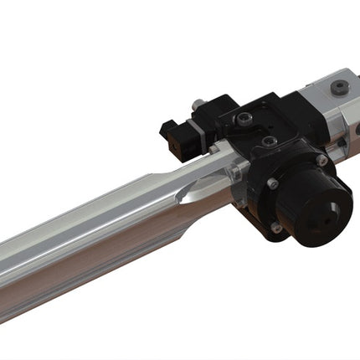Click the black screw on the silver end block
click(338, 86)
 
